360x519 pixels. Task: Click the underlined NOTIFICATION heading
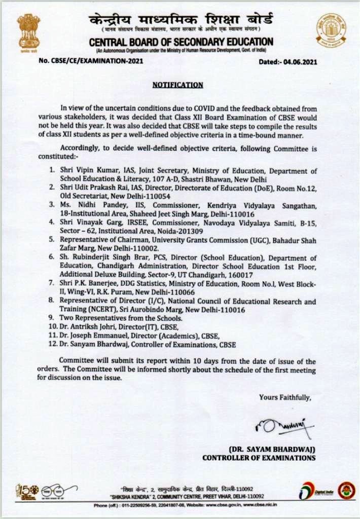pos(177,85)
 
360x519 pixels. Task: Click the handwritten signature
pos(284,426)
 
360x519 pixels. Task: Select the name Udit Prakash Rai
pos(103,188)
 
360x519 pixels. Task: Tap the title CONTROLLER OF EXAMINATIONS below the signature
pos(259,458)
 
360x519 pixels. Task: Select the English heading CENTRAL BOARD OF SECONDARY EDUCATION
pos(181,42)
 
